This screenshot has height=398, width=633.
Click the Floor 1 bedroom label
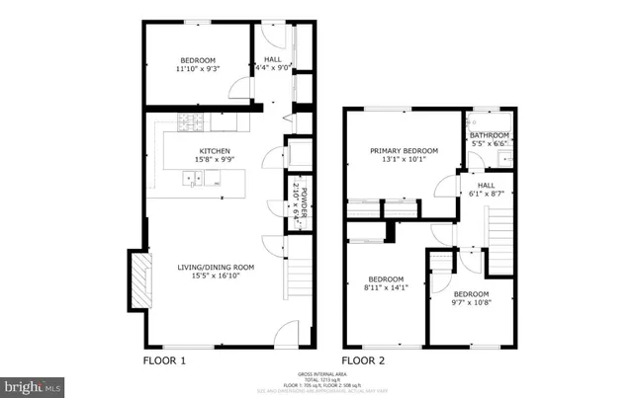tap(198, 63)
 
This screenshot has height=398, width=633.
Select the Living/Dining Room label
tap(216, 270)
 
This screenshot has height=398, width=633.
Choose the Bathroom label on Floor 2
tap(489, 139)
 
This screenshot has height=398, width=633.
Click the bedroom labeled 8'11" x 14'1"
tap(380, 283)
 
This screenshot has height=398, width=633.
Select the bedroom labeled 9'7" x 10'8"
tap(470, 299)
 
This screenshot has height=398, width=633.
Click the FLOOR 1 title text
tap(164, 360)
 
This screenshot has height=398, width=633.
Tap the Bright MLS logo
tap(34, 385)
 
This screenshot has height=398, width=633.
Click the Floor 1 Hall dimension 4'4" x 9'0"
tap(272, 67)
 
